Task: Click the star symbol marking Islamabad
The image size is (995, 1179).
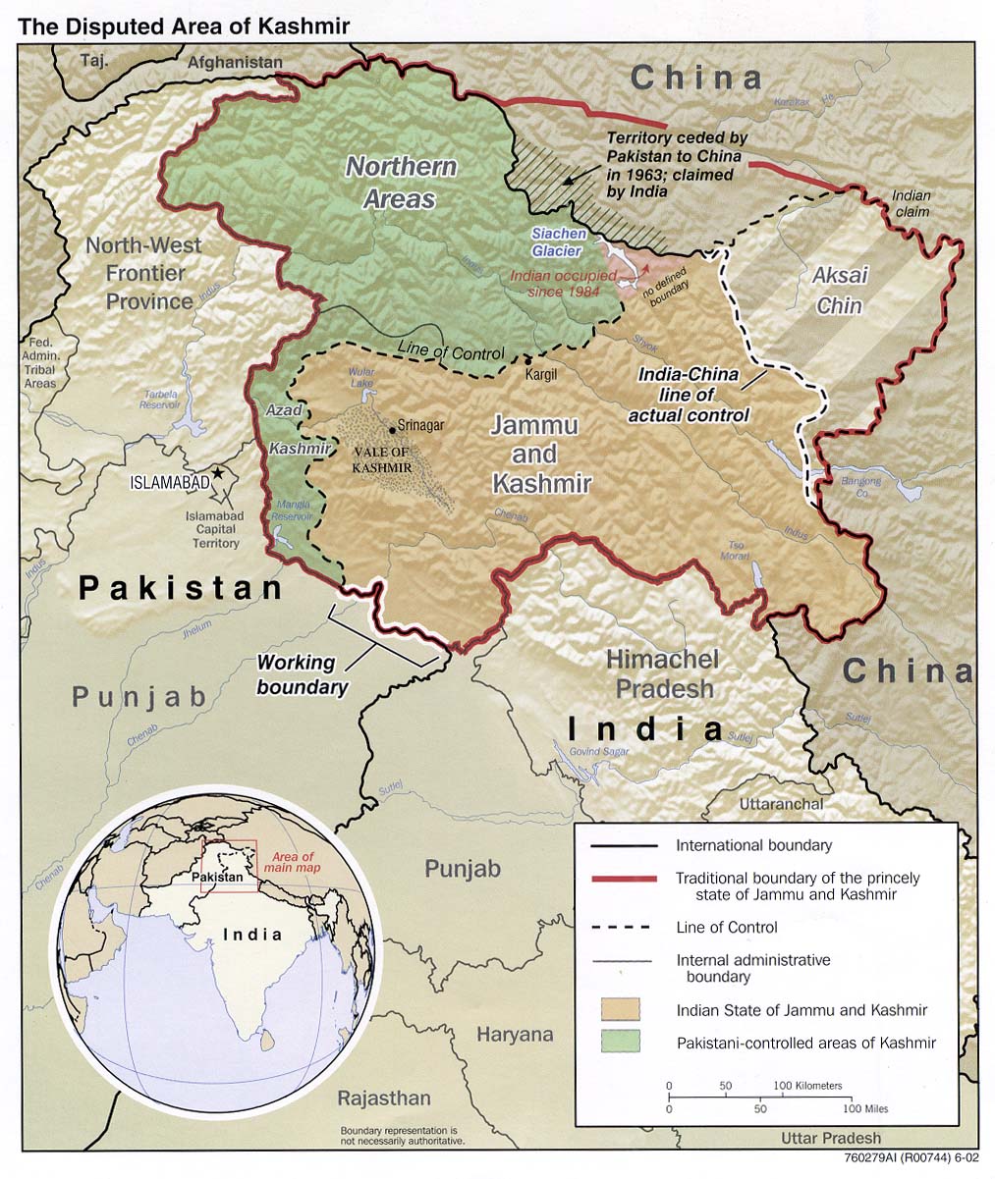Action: (x=218, y=473)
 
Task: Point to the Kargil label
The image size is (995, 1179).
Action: (x=541, y=375)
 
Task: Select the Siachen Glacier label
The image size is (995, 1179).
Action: (x=559, y=242)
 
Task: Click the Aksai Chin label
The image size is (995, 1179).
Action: (x=839, y=292)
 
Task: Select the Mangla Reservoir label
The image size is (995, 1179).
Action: (x=291, y=509)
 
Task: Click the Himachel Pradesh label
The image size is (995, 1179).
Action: (x=662, y=673)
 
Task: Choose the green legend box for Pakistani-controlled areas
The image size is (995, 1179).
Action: (x=620, y=1042)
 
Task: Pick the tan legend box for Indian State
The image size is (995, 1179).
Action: (x=620, y=1009)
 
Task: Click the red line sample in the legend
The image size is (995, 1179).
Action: (x=620, y=878)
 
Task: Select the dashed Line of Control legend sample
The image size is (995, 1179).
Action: (x=620, y=927)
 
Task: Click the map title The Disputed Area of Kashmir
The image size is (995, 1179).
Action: (x=184, y=27)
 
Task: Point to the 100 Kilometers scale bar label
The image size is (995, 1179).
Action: (x=808, y=1086)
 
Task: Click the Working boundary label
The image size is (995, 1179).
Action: (x=302, y=675)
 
